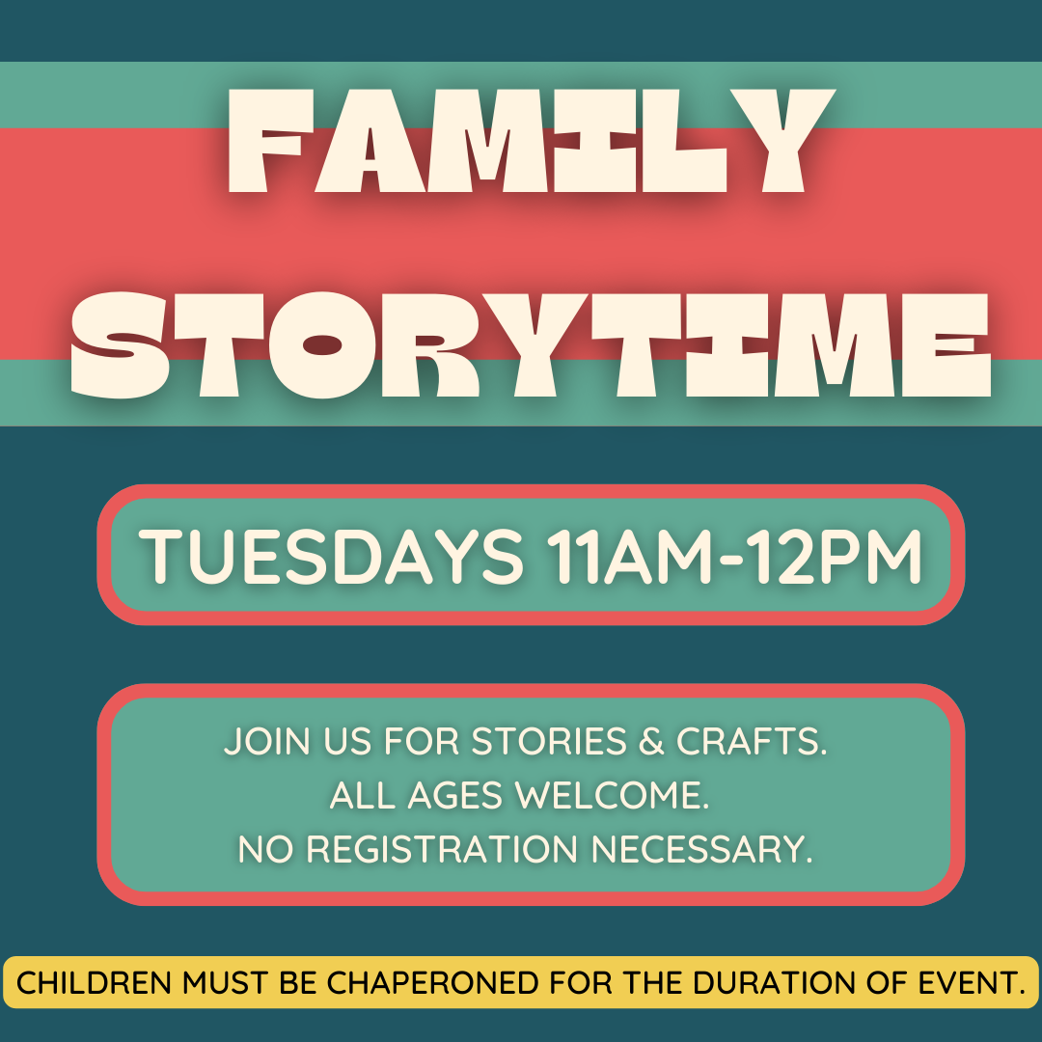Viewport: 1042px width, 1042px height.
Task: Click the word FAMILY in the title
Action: tap(531, 141)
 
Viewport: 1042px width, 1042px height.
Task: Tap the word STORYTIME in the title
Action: tap(531, 345)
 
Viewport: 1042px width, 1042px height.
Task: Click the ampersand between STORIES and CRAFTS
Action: tap(651, 741)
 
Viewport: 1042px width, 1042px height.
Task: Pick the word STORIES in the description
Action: tap(549, 741)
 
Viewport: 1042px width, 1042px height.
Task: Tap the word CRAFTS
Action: tap(752, 741)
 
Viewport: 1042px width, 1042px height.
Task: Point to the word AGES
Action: tap(454, 795)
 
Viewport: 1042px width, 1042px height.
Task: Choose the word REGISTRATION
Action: tap(443, 849)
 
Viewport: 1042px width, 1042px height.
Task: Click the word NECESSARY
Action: tap(701, 849)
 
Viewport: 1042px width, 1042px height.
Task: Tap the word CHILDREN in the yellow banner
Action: tap(95, 983)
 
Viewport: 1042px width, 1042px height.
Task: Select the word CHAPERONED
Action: tap(432, 983)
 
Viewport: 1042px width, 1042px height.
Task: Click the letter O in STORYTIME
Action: tap(322, 345)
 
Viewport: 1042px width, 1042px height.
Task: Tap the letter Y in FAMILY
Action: tap(784, 141)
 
